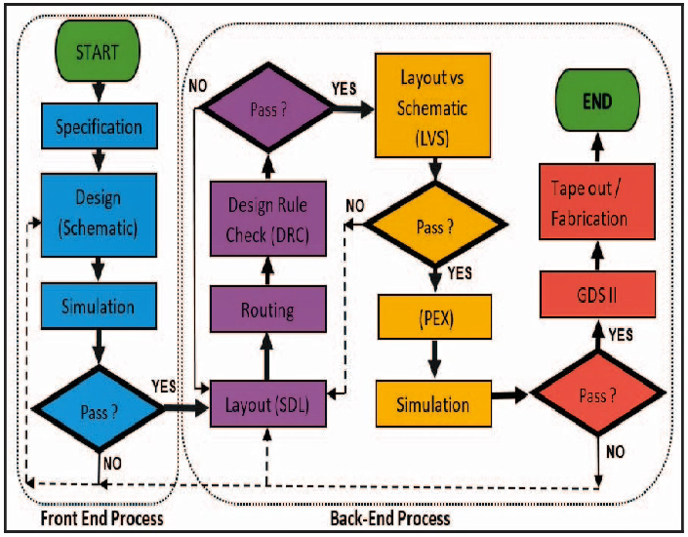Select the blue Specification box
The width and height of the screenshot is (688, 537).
(99, 127)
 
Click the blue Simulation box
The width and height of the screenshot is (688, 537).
(99, 306)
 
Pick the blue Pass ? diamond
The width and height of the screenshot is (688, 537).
(98, 407)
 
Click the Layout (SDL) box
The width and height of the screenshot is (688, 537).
(267, 405)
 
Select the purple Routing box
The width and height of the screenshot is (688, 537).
(267, 311)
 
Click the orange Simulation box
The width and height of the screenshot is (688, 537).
(432, 403)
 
